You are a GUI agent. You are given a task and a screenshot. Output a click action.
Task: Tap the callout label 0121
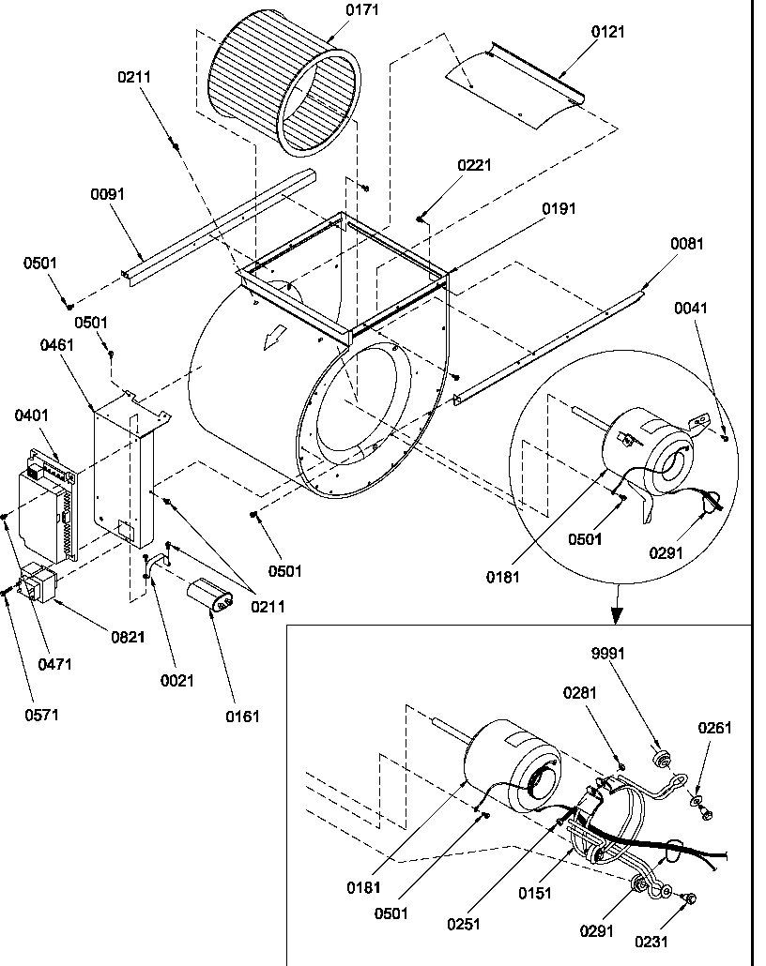pos(607,31)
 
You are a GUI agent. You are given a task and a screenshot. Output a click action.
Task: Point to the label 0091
pos(107,194)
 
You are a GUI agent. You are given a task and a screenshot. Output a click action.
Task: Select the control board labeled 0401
pos(47,502)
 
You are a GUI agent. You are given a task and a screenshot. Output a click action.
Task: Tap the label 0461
pos(57,346)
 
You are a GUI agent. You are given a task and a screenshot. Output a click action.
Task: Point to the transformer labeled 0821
pos(38,583)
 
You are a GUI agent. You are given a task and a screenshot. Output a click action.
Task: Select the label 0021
pos(176,681)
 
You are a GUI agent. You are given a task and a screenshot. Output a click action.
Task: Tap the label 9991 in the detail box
pos(607,654)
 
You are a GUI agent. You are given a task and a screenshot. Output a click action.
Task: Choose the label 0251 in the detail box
pos(464,924)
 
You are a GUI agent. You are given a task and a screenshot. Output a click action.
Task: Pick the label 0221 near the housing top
pos(474,165)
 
